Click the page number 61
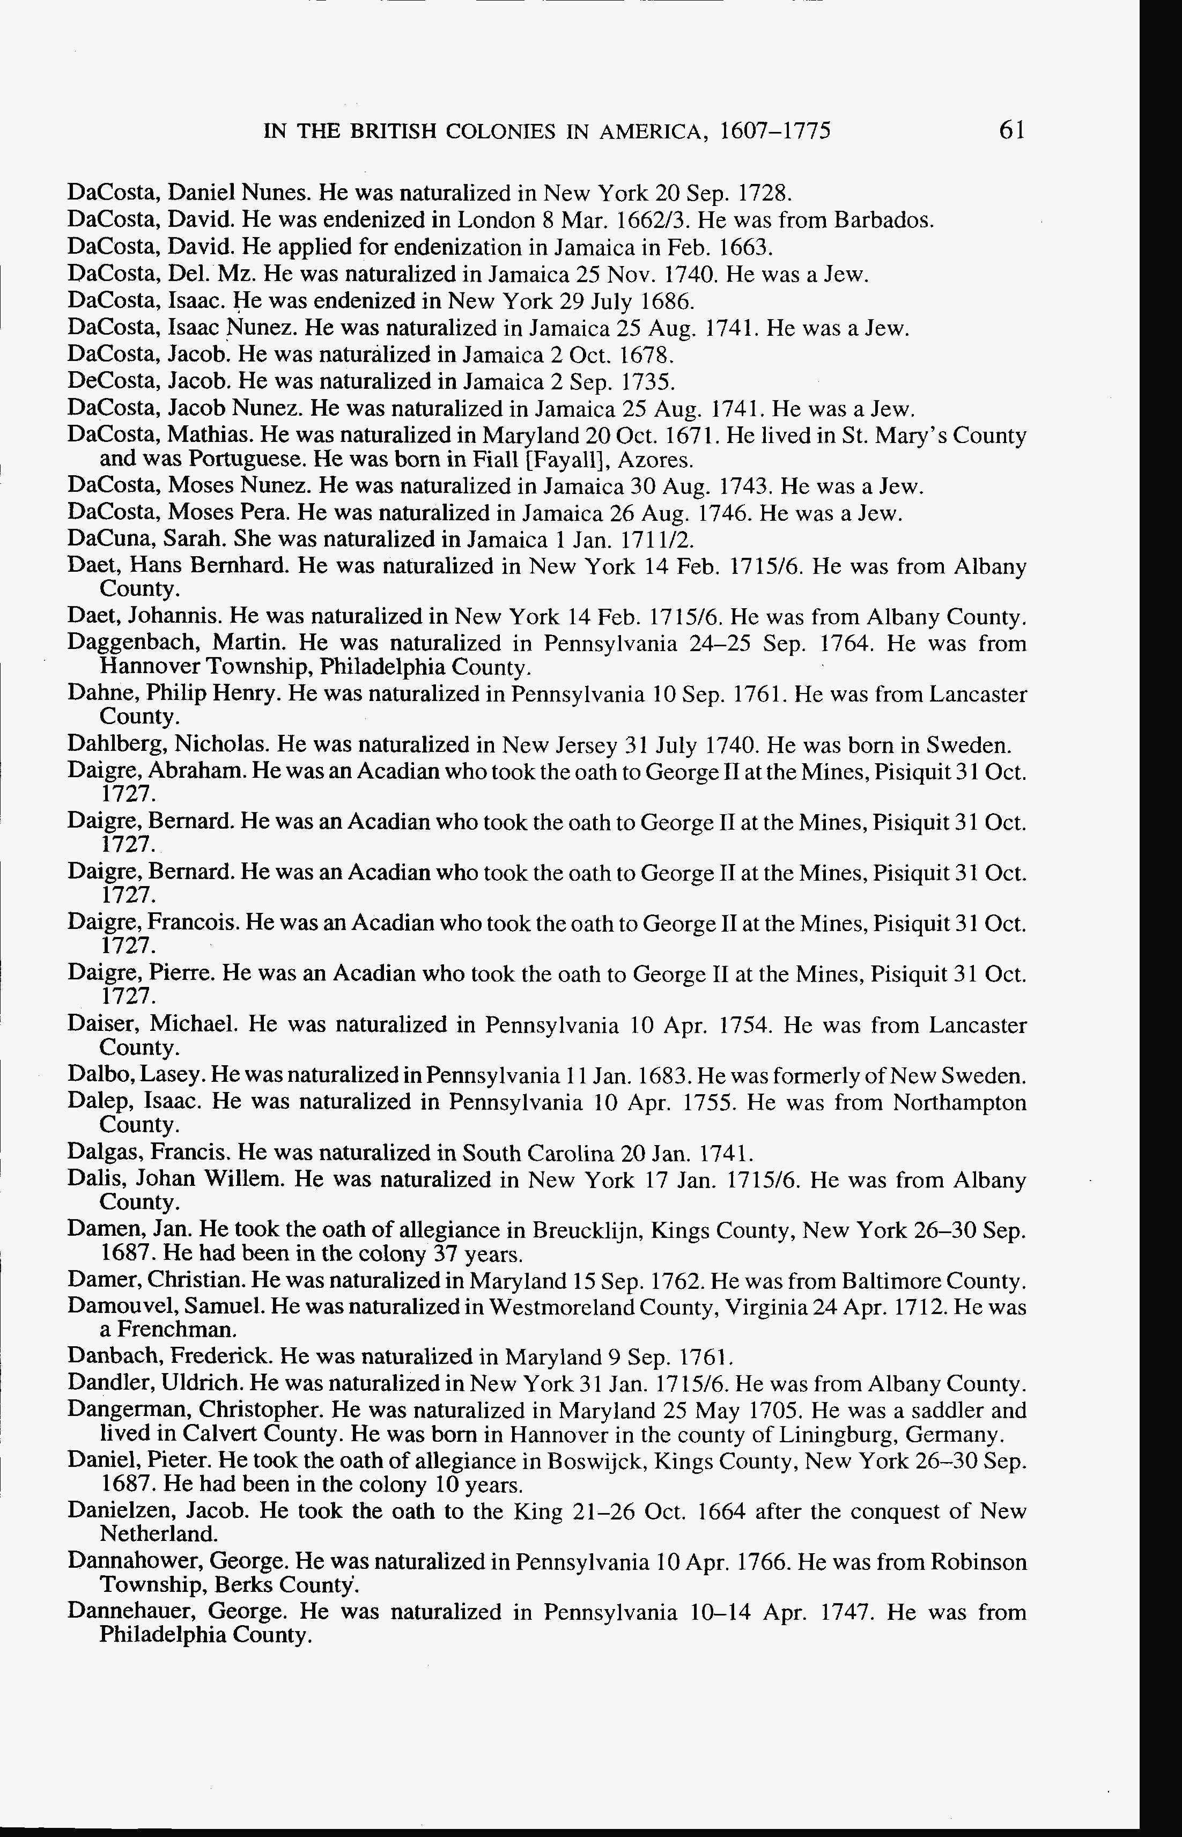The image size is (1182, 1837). pos(1011,130)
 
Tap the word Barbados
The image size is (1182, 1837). pos(883,220)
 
